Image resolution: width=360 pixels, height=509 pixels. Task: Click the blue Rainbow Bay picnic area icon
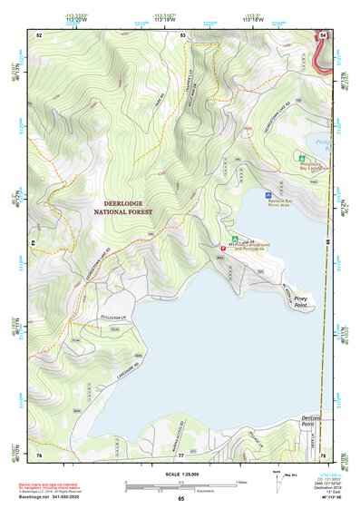click(x=268, y=195)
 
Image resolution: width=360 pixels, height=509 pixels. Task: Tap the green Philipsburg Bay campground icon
click(x=302, y=156)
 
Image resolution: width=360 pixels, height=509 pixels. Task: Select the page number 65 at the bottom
click(x=180, y=498)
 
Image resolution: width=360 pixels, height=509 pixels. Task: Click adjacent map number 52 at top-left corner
click(x=39, y=34)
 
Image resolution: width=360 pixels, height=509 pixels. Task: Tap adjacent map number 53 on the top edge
click(x=182, y=34)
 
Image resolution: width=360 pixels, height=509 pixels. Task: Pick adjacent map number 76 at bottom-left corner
click(x=39, y=454)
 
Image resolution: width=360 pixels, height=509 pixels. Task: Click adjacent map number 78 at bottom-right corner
click(x=322, y=454)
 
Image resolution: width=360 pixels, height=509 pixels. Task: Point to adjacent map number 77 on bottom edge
click(x=180, y=454)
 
